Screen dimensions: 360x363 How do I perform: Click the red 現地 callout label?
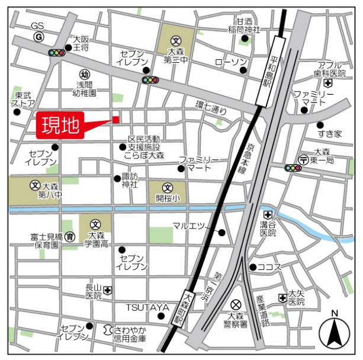pyautogui.click(x=60, y=126)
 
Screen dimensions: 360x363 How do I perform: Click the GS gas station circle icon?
pyautogui.click(x=38, y=37)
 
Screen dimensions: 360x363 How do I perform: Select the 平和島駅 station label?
pyautogui.click(x=274, y=72)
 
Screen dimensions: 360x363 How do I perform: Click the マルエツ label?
pyautogui.click(x=188, y=226)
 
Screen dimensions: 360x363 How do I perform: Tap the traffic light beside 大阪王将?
pyautogui.click(x=57, y=53)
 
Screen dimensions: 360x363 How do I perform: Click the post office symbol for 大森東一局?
pyautogui.click(x=303, y=159)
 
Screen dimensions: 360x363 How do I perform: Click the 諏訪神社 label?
pyautogui.click(x=130, y=180)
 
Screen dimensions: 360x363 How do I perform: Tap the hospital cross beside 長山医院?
pyautogui.click(x=108, y=290)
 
